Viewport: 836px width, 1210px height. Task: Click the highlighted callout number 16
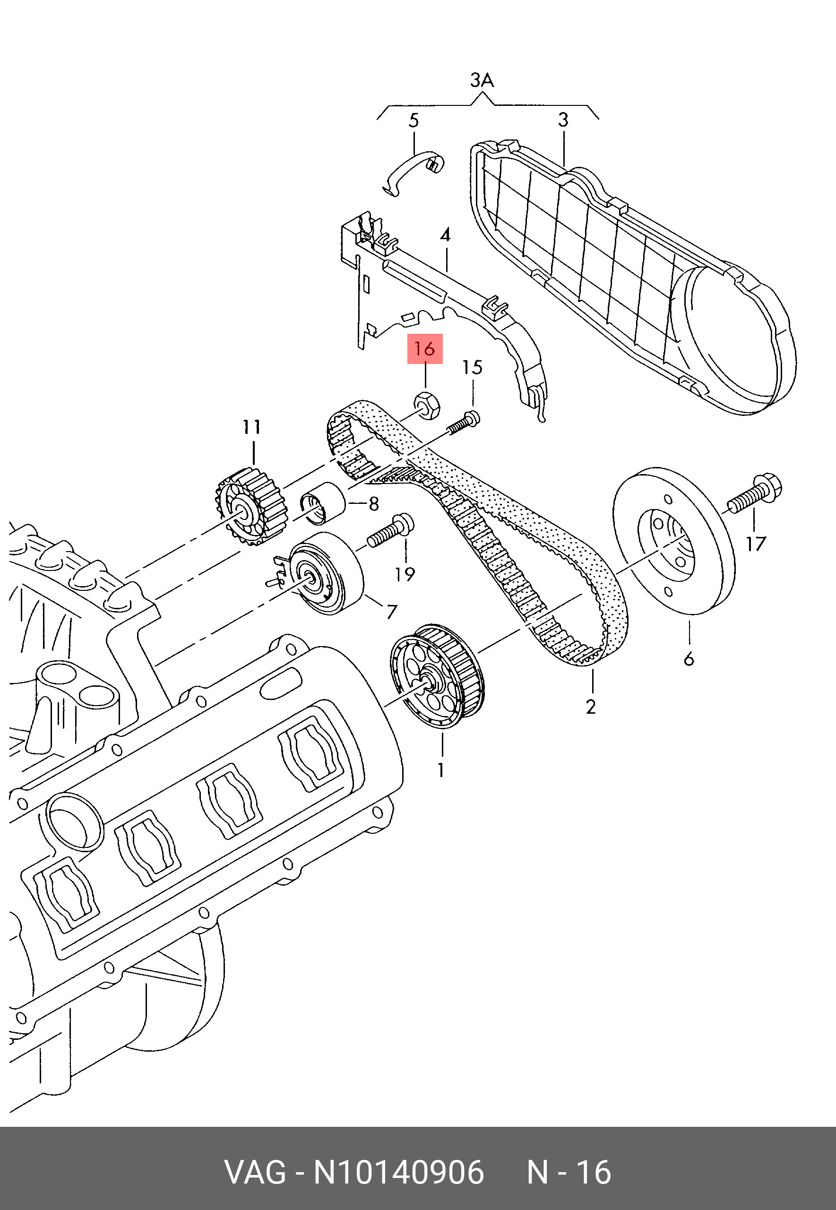pyautogui.click(x=425, y=349)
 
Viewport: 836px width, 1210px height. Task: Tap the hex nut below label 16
pyautogui.click(x=427, y=405)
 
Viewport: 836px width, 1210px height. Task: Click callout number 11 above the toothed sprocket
pyautogui.click(x=252, y=427)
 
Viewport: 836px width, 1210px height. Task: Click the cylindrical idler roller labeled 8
pyautogui.click(x=323, y=503)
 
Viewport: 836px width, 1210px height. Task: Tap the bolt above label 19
pyautogui.click(x=391, y=531)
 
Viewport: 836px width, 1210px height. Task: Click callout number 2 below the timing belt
pyautogui.click(x=591, y=707)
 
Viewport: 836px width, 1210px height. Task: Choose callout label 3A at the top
pyautogui.click(x=482, y=81)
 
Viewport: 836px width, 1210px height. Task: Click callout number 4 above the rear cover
pyautogui.click(x=445, y=235)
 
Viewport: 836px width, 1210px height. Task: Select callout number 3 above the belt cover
pyautogui.click(x=563, y=121)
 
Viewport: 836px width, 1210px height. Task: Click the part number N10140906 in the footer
pyautogui.click(x=398, y=1172)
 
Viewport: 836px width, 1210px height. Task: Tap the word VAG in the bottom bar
pyautogui.click(x=255, y=1172)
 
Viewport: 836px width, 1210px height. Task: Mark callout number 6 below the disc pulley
pyautogui.click(x=689, y=658)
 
